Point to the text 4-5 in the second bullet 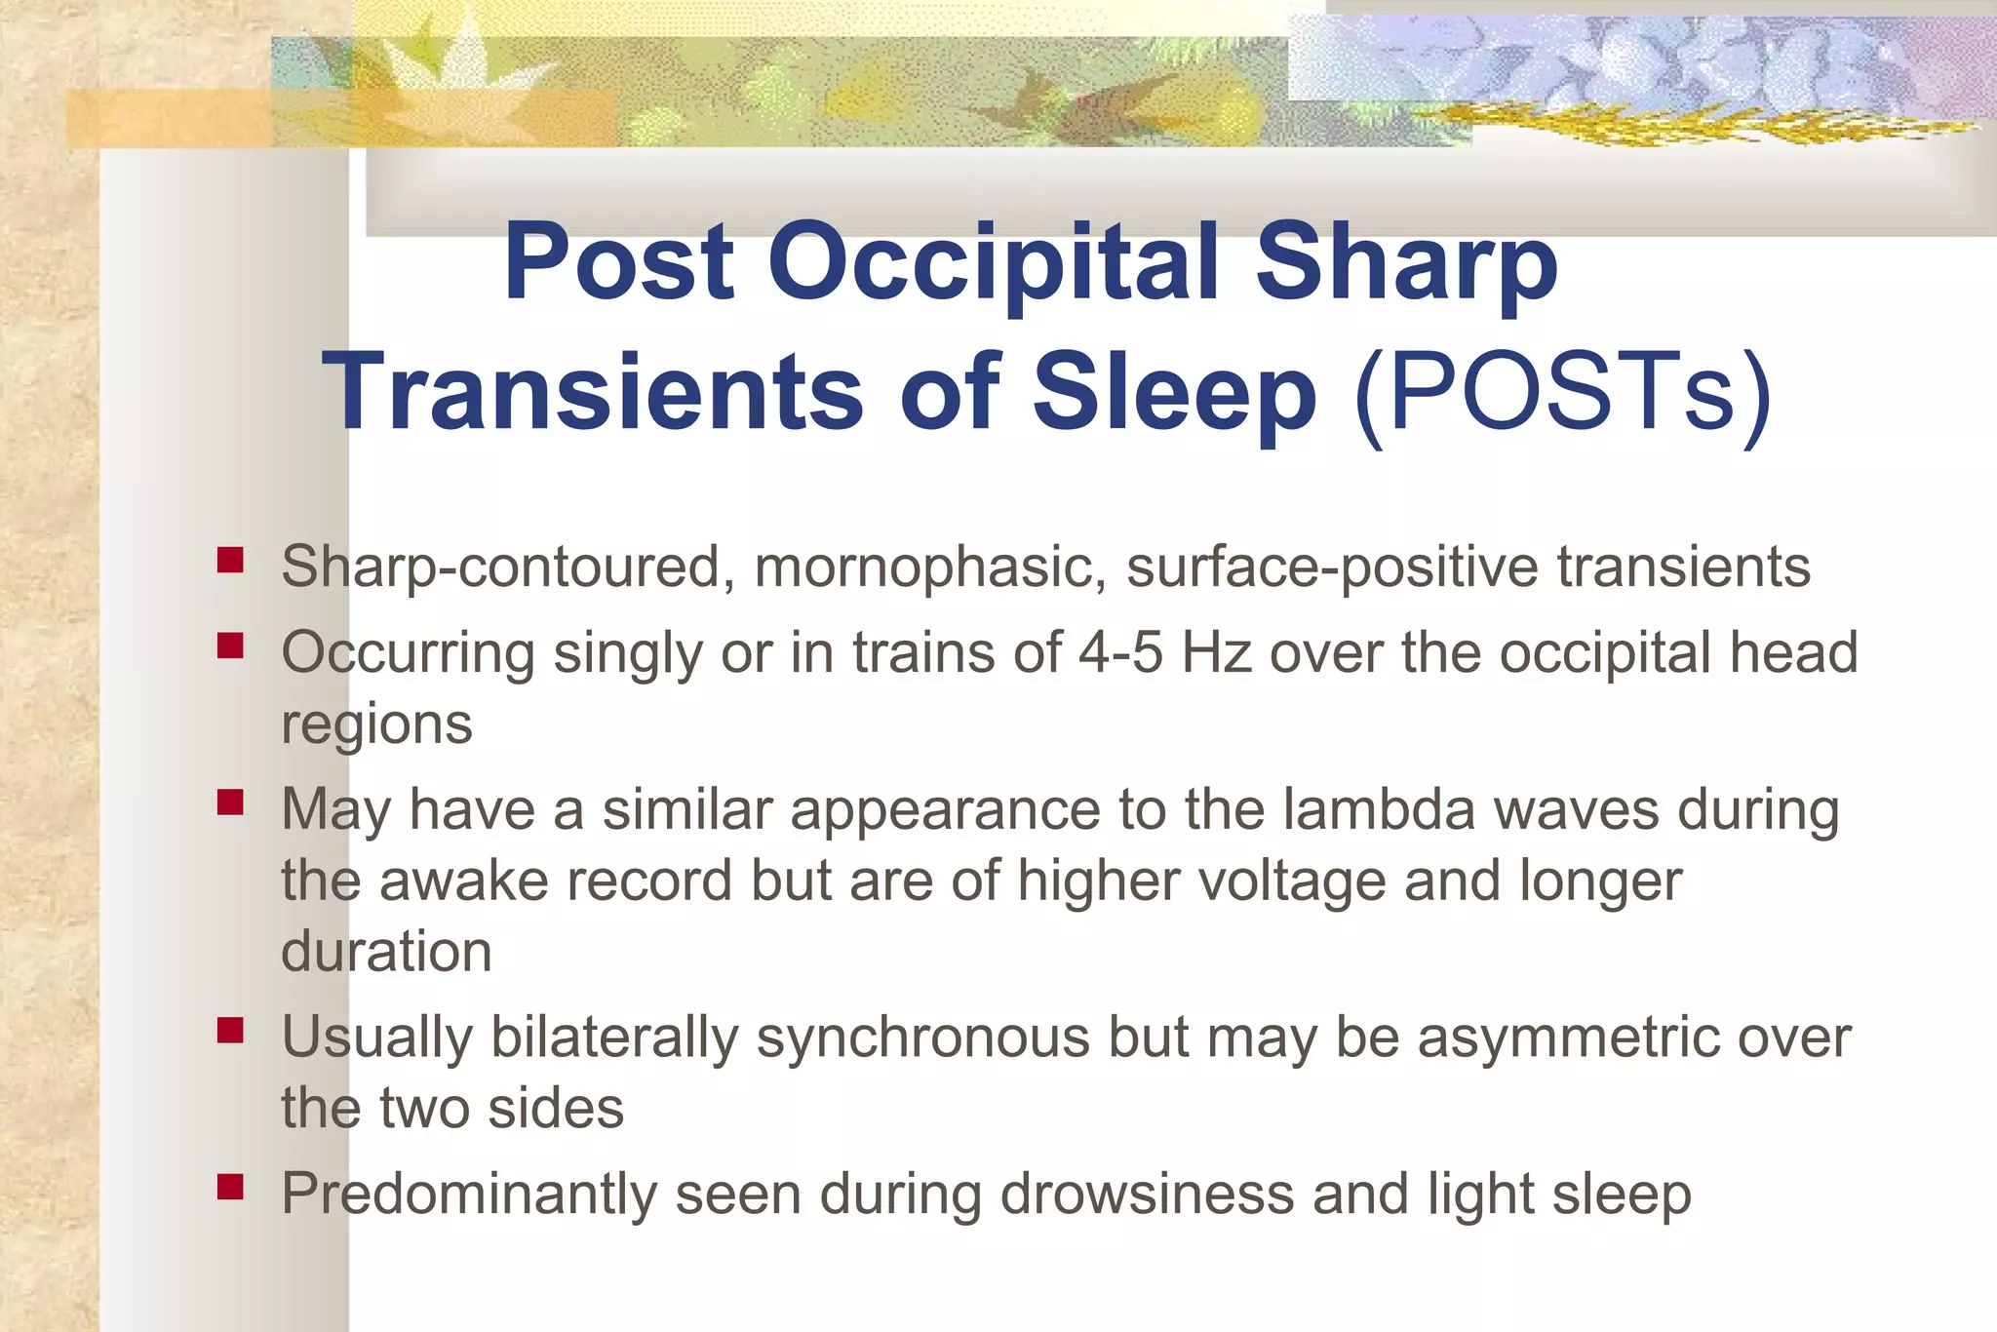click(1119, 652)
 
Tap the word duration click(386, 952)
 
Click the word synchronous click(922, 1037)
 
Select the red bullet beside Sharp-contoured click(230, 560)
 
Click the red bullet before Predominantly click(230, 1187)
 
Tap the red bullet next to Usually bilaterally click(230, 1030)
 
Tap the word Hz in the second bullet click(1216, 652)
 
